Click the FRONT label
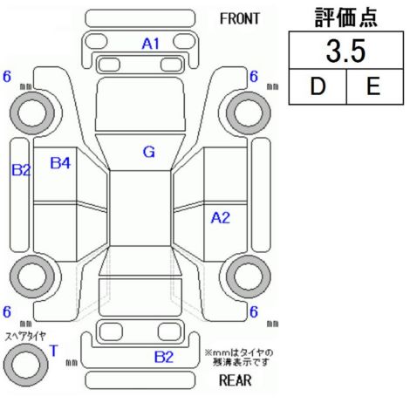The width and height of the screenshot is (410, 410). pos(240,19)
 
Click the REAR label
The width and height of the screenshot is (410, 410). pos(235,380)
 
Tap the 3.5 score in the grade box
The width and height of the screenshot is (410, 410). pos(345,51)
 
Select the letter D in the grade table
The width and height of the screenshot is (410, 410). pos(318,86)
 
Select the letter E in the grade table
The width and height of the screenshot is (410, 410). pos(373,86)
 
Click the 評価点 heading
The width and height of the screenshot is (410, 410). pos(346,17)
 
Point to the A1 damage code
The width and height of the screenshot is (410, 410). pos(151,44)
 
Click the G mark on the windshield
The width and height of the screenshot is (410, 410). pos(149,152)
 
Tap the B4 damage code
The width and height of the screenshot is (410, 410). pos(60,163)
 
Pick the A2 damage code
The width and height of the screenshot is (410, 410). pos(221,218)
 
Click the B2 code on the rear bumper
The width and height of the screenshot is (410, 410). pos(164,357)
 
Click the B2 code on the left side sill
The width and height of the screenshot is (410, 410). pos(21,170)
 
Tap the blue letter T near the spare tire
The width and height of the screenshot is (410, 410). pos(54,351)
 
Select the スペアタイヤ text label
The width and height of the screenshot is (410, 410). pos(25,337)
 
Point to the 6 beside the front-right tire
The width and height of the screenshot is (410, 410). pos(254,77)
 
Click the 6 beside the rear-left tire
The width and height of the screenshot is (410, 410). pos(7,311)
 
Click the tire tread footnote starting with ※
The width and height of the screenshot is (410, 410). pos(239,358)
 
